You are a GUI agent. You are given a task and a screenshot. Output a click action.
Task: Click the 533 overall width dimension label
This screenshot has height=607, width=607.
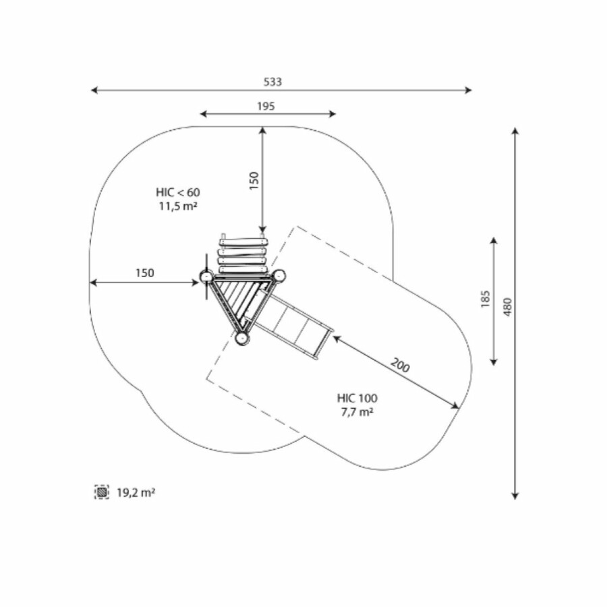pos(273,82)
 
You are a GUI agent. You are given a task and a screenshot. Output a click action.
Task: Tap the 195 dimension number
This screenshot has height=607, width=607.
pos(266,106)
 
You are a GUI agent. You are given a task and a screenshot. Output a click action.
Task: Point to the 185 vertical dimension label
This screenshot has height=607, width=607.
pos(485,299)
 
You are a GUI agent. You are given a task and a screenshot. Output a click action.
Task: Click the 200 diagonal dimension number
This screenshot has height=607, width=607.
pos(400,365)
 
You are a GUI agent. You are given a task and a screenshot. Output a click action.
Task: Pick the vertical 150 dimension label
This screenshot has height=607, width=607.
pos(254,180)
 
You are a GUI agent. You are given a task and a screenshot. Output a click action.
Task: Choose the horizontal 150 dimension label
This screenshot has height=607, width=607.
pos(145,273)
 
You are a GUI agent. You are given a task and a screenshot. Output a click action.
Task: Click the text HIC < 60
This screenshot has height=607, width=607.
pos(178,192)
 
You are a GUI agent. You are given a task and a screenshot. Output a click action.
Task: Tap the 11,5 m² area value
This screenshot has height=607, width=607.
pos(178,206)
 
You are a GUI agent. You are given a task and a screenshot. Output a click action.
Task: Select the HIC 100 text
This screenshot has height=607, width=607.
pos(357,398)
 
